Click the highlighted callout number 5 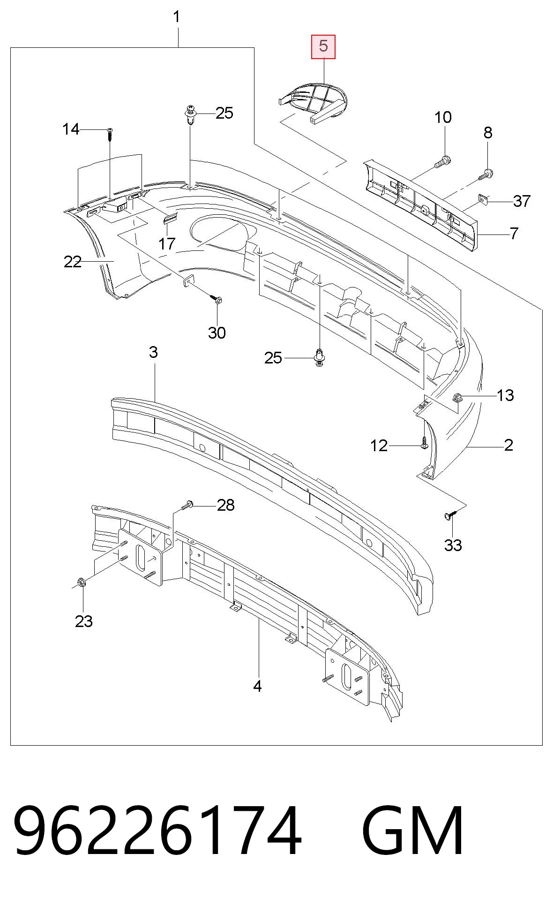click(324, 46)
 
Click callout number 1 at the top click(177, 17)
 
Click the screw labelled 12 click(424, 443)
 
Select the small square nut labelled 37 click(483, 200)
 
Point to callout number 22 click(73, 262)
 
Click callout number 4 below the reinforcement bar click(257, 686)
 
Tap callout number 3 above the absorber click(154, 352)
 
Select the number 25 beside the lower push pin click(274, 358)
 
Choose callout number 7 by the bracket click(514, 233)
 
